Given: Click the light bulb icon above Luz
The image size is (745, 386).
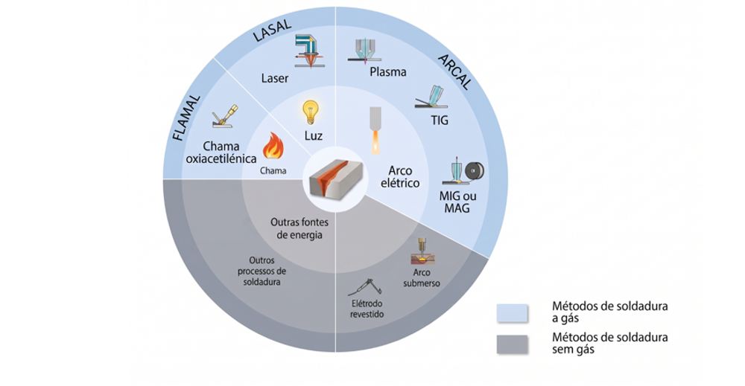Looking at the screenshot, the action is click(x=310, y=112).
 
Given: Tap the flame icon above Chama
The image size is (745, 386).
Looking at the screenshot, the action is click(x=273, y=146).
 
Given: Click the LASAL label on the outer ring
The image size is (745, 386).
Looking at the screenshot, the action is click(x=272, y=31).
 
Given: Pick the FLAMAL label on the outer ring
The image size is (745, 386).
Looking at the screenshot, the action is click(x=186, y=118).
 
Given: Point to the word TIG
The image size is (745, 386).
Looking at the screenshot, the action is click(x=440, y=120).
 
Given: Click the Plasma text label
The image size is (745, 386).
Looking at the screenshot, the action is click(x=387, y=72).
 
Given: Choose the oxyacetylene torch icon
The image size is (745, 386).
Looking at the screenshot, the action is click(x=224, y=116).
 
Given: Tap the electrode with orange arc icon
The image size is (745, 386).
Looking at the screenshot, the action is click(x=375, y=130).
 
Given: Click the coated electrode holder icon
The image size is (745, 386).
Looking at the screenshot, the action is click(x=365, y=287).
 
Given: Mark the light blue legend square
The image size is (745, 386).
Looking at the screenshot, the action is click(x=513, y=313).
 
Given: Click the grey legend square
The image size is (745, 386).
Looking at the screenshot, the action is click(x=513, y=345).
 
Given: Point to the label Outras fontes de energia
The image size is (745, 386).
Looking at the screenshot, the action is click(x=299, y=228).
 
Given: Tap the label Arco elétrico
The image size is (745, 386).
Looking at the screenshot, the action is click(x=400, y=177).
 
